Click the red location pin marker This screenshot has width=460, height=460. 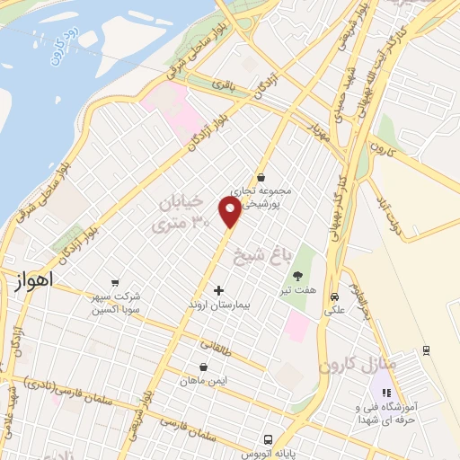(231, 211)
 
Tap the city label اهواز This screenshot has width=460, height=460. (33, 280)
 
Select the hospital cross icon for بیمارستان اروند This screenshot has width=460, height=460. (218, 291)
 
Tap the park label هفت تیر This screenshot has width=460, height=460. (297, 279)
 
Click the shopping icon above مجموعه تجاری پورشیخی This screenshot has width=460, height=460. (260, 177)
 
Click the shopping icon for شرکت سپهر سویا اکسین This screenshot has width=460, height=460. (114, 283)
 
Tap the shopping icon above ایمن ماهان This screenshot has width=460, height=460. (204, 367)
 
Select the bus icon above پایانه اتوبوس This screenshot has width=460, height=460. (268, 439)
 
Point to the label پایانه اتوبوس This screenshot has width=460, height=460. (268, 454)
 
